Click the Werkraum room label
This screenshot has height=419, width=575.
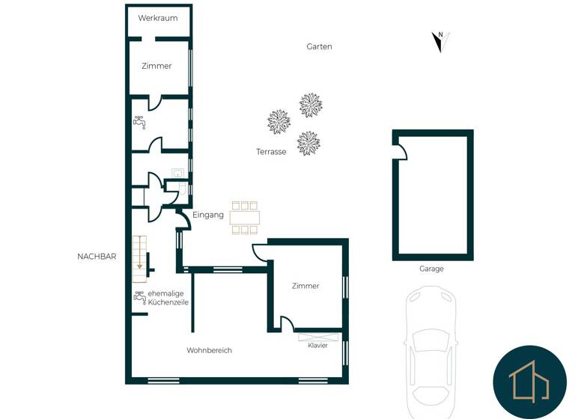coord(157,18)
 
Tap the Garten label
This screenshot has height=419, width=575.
coord(319,46)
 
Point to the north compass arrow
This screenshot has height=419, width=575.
coord(440,42)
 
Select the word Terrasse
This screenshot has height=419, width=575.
coord(271,152)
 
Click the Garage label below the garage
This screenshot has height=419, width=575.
coord(431,269)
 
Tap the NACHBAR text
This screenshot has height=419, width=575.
coord(97,257)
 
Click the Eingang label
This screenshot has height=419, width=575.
coord(208,215)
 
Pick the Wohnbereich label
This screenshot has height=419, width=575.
coord(209,350)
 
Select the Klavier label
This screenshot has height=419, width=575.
coord(317,346)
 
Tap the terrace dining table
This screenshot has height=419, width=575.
coord(245,217)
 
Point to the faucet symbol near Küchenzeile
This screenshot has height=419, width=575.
coord(139,297)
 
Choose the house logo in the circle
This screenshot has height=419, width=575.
coord(530,381)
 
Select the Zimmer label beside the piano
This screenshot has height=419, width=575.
coord(305,286)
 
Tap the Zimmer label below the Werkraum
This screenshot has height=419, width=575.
coord(156,66)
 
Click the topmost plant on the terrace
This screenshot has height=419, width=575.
coord(311,105)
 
